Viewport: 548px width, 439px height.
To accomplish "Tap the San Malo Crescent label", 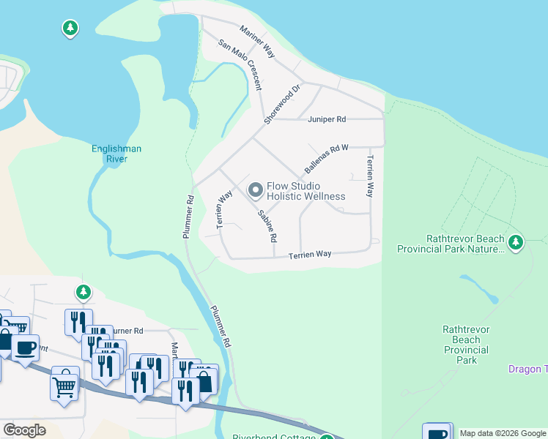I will click(240, 64).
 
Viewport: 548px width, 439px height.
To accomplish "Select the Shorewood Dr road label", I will click(273, 104).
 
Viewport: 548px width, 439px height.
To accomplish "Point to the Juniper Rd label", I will click(330, 119).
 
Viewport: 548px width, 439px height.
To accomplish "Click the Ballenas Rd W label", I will click(326, 158).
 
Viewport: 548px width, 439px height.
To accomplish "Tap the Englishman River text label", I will click(116, 154).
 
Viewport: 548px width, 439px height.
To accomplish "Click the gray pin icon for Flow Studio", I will click(256, 191).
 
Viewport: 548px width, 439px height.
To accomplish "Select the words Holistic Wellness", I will click(306, 196).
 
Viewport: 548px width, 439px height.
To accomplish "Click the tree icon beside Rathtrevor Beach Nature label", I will click(516, 241).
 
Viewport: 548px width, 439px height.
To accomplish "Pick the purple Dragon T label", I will click(527, 369).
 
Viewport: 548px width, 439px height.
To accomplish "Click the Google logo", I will click(24, 429).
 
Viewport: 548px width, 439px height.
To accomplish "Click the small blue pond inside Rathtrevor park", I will click(479, 288).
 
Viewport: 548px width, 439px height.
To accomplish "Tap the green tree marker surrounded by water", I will click(70, 29).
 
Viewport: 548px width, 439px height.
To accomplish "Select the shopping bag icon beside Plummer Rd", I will click(204, 380).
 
